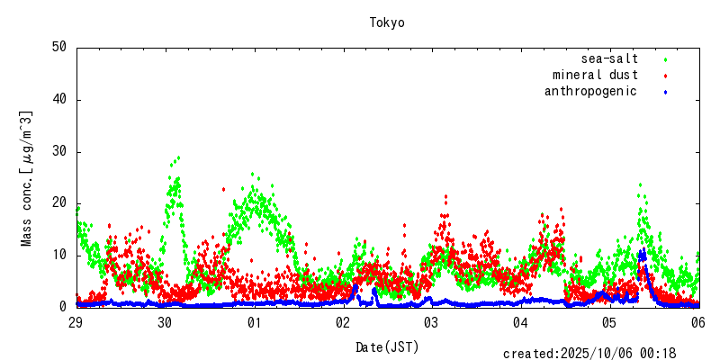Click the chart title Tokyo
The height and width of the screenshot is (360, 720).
pos(387,22)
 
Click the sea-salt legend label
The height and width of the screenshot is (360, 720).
pos(609,59)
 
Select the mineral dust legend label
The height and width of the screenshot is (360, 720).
pos(595,75)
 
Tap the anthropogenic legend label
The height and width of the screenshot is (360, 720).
pos(590,91)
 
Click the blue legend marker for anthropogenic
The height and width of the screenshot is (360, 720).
pos(665,92)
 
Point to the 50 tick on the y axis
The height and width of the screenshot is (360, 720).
pos(59,47)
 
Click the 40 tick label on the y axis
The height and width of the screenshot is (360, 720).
pos(59,99)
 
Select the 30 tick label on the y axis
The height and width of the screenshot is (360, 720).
pos(59,151)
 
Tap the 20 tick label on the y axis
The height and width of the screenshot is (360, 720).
pos(59,202)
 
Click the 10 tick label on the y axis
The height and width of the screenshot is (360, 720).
pos(59,255)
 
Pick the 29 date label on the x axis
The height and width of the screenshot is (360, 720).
pos(76,322)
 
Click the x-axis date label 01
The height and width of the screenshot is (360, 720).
pos(254,322)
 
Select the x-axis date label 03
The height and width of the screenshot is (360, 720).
pos(431,322)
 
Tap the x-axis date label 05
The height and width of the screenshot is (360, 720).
pos(609,322)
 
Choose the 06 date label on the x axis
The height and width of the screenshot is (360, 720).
pos(697,322)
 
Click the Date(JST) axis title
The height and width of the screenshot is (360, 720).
pos(387,346)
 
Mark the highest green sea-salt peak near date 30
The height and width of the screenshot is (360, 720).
pos(178,158)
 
